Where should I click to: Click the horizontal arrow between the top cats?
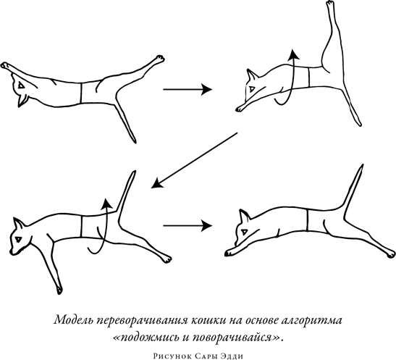[x=187, y=89]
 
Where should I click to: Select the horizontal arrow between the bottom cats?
[x=187, y=225]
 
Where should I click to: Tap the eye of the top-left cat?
[x=22, y=86]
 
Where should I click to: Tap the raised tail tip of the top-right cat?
[x=330, y=6]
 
